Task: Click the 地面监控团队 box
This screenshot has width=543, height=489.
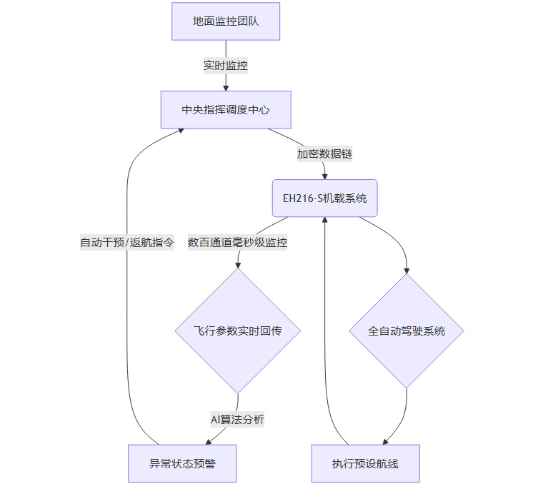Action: (x=226, y=21)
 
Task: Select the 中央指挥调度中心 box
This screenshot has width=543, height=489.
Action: (x=226, y=110)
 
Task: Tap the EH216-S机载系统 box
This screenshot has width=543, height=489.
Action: (x=324, y=198)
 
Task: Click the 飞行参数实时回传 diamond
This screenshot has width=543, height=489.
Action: (x=237, y=331)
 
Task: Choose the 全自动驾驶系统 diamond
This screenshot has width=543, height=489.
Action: (x=407, y=331)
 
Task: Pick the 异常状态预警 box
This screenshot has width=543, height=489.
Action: (x=182, y=463)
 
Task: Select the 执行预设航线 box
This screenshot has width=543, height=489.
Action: (x=365, y=463)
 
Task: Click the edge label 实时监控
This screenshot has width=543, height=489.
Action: (x=226, y=65)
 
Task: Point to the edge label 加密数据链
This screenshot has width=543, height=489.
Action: (x=324, y=153)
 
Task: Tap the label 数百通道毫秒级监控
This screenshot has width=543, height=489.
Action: (x=237, y=242)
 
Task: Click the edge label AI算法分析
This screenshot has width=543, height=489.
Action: (x=237, y=420)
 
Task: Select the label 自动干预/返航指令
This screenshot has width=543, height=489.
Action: (x=126, y=242)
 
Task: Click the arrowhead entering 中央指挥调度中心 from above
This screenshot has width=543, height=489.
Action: (x=226, y=87)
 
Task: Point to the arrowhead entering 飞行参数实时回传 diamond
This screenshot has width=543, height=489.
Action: (x=237, y=264)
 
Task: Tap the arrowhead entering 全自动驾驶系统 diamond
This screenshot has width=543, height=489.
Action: (x=407, y=271)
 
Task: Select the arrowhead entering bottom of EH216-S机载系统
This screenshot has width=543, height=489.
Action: (x=325, y=220)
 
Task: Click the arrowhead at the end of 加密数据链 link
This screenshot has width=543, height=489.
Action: (x=324, y=176)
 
